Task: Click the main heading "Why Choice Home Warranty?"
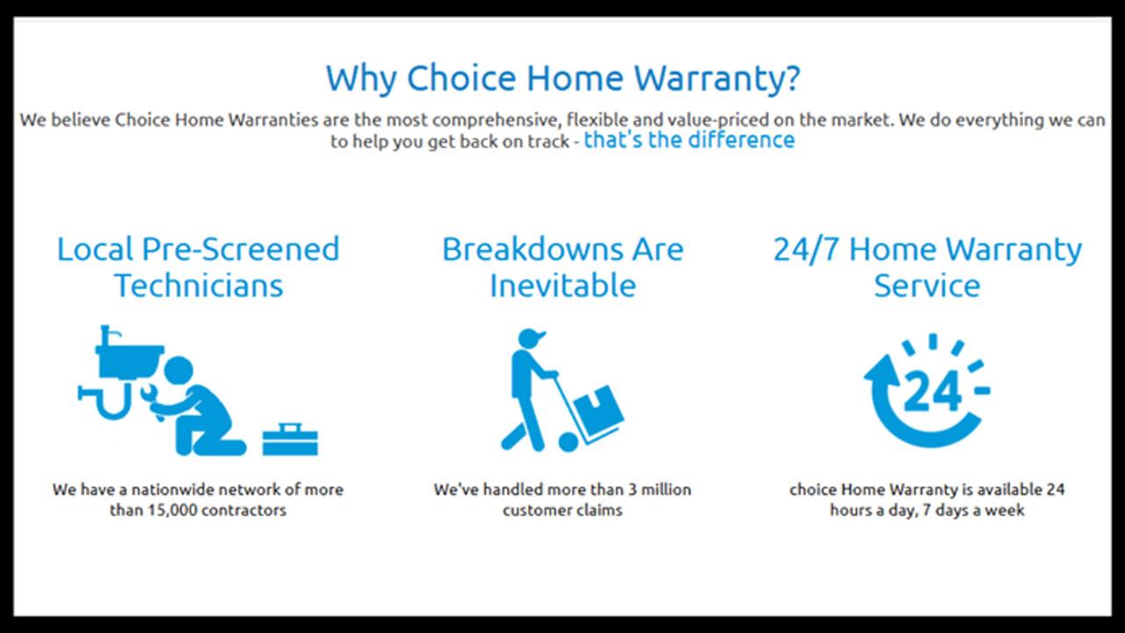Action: (x=562, y=79)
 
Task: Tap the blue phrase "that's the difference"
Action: (x=689, y=140)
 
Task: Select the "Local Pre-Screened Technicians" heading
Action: (x=199, y=268)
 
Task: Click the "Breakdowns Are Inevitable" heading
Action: (x=562, y=268)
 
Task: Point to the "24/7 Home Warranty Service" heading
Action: (x=927, y=268)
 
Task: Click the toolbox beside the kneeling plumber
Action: (x=290, y=439)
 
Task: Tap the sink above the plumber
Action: (x=129, y=357)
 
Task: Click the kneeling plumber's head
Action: (x=178, y=371)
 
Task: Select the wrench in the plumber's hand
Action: (x=152, y=399)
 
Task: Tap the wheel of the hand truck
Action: (x=569, y=442)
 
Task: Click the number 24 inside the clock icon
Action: (x=933, y=391)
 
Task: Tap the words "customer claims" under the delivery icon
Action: (x=562, y=511)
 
